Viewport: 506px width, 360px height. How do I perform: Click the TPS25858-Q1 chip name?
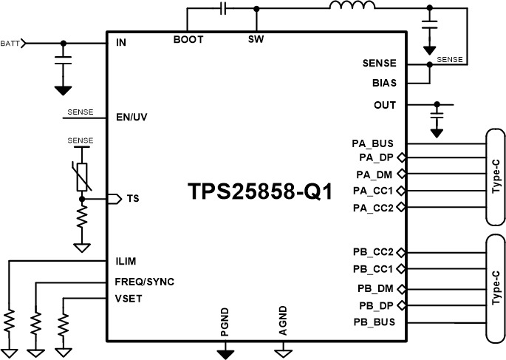(260, 191)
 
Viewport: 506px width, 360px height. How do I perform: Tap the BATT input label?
(10, 44)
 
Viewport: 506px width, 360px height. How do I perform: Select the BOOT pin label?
(188, 39)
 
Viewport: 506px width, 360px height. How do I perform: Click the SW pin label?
(256, 39)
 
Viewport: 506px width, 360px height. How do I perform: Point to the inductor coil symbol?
(352, 4)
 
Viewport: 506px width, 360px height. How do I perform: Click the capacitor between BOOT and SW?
(222, 8)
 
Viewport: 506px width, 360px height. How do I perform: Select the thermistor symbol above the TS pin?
(82, 176)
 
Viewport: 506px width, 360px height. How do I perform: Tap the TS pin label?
(133, 199)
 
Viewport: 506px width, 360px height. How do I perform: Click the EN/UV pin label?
(131, 118)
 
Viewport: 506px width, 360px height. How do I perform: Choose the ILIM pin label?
(126, 261)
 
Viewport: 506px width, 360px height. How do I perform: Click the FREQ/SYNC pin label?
(145, 282)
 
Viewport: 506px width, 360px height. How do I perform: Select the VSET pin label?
(129, 299)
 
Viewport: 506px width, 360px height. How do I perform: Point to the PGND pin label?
(225, 322)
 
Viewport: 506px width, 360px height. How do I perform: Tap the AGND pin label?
(283, 321)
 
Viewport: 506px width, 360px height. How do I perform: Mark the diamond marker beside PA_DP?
(402, 157)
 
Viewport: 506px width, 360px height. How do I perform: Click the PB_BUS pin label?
(375, 322)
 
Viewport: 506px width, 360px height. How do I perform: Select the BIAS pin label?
(384, 83)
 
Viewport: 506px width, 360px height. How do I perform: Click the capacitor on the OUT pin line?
(437, 115)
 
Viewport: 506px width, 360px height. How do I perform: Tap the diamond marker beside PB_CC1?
(401, 268)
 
